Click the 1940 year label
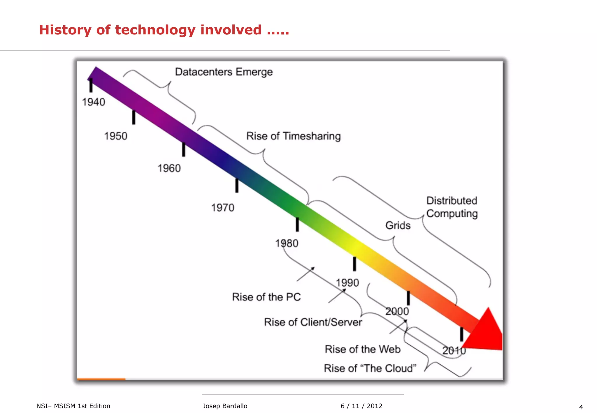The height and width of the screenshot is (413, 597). (93, 102)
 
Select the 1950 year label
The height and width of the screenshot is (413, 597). (116, 136)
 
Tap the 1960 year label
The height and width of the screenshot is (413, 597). (169, 168)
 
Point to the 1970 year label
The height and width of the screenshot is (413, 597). (222, 208)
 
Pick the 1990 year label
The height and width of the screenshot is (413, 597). (347, 283)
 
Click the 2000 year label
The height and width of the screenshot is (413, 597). (397, 311)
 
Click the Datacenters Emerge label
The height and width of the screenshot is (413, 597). (224, 72)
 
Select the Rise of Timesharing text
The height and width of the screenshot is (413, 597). (293, 136)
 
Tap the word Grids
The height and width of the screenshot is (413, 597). (398, 225)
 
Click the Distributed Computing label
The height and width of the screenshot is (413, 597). (452, 207)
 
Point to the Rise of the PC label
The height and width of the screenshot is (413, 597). (266, 297)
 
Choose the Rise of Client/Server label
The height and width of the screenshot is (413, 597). (313, 322)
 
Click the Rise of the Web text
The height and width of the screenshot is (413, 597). (363, 349)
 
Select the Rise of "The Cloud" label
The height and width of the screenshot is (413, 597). (370, 368)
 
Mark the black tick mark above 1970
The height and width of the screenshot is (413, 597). (237, 186)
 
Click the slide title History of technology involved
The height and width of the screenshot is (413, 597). (164, 30)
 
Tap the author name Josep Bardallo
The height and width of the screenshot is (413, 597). (225, 406)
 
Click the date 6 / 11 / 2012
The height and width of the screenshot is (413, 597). (361, 406)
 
